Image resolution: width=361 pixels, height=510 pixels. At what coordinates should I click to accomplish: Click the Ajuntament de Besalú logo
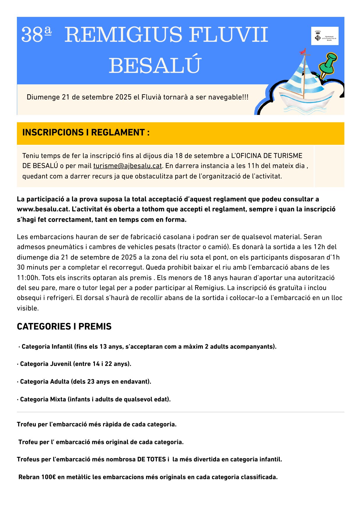tap(325, 36)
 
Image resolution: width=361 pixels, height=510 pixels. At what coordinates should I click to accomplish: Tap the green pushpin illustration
tap(328, 65)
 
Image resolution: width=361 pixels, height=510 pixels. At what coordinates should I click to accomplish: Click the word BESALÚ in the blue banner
tap(155, 65)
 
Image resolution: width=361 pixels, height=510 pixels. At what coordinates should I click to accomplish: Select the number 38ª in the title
tap(36, 35)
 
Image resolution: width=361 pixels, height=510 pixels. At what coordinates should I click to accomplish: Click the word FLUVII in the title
tap(228, 35)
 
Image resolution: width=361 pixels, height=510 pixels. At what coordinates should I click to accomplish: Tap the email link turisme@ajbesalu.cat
tap(128, 166)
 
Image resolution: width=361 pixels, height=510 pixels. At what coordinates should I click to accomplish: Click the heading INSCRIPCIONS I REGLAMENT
tap(86, 133)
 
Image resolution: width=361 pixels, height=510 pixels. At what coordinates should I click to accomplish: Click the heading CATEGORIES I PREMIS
tap(64, 326)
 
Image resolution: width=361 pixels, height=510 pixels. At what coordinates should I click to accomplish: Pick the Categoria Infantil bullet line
tap(147, 346)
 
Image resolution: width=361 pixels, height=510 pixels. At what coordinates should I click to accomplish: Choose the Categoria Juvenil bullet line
tap(75, 364)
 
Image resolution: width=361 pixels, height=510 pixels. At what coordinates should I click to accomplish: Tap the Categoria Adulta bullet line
tap(84, 382)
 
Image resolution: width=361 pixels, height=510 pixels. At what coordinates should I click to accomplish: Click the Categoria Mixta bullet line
tap(94, 399)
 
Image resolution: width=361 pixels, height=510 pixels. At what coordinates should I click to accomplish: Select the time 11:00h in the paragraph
tap(28, 278)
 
